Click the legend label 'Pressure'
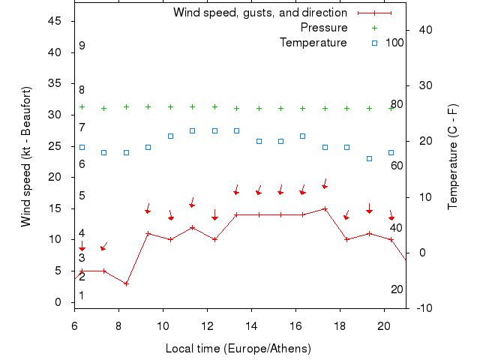[324, 28]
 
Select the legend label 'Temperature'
[313, 43]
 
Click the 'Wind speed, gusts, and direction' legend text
[259, 13]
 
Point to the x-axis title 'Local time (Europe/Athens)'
[238, 349]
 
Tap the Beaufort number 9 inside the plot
[82, 46]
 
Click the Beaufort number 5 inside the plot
[82, 196]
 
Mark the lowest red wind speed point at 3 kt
[126, 283]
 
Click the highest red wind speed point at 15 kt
[325, 208]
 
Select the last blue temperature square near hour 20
[391, 152]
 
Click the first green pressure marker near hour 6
[82, 107]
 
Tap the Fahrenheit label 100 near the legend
[394, 43]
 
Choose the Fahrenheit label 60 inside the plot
[397, 165]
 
